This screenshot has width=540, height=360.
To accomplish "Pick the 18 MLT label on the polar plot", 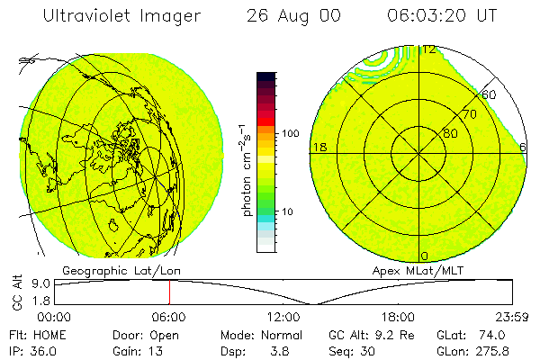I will [318, 147].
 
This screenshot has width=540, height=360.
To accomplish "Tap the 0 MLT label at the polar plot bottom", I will [425, 256].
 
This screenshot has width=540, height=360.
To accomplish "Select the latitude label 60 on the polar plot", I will [490, 94].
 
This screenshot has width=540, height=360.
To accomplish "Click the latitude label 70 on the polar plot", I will [469, 114].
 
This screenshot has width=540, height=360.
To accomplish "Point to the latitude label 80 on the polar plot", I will [449, 134].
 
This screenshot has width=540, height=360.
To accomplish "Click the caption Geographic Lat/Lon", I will [109, 270].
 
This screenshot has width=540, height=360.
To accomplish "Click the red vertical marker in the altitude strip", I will [168, 292].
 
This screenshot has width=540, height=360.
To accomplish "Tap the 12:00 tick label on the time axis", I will [284, 316].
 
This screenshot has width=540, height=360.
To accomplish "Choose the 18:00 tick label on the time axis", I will [399, 316].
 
